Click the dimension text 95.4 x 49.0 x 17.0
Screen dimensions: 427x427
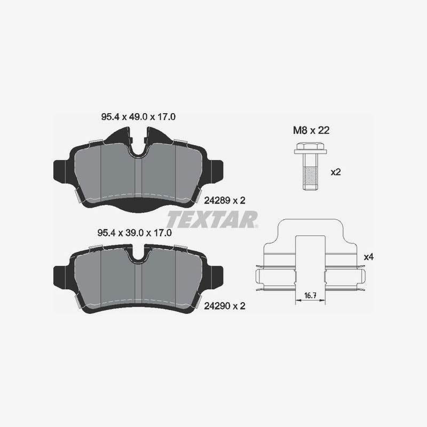click(x=138, y=117)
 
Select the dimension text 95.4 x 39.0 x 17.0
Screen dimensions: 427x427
click(x=135, y=233)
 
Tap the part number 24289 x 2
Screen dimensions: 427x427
click(x=225, y=201)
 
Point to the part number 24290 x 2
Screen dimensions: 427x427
click(x=225, y=306)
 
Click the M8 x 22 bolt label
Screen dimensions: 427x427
click(x=311, y=130)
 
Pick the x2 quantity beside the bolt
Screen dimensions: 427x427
click(x=336, y=172)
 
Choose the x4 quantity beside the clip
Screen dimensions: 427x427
click(x=369, y=257)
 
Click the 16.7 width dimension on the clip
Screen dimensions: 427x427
click(x=310, y=295)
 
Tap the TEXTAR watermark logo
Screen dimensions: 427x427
click(x=212, y=219)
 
